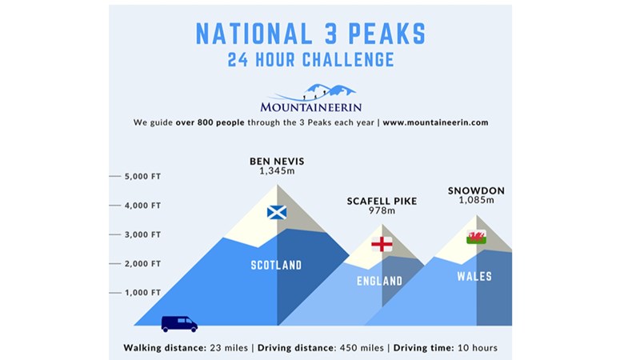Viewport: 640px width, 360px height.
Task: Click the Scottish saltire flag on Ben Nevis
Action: click(277, 212)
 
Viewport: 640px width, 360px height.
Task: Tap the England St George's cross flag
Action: click(382, 244)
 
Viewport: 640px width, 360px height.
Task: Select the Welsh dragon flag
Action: click(476, 237)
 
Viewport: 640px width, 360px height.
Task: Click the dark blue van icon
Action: click(179, 324)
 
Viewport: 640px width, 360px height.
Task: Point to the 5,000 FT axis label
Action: click(143, 176)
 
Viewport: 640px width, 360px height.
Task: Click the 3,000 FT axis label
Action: click(143, 234)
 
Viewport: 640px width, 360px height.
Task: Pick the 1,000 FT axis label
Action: click(143, 293)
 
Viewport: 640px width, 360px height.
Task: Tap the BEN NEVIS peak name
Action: click(277, 162)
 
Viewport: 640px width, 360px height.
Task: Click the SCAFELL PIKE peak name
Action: click(382, 201)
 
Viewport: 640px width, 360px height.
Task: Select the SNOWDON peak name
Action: click(476, 190)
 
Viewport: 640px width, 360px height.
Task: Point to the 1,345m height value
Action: click(277, 171)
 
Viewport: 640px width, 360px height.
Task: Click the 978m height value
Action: click(382, 210)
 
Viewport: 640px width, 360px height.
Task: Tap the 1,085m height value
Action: click(476, 200)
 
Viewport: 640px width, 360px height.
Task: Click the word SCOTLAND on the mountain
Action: click(276, 266)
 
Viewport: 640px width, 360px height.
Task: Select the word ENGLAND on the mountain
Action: click(379, 282)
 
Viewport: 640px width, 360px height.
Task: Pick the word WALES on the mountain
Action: click(474, 277)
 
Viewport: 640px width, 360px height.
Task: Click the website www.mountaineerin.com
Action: click(435, 122)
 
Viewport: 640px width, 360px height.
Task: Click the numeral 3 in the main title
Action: click(331, 34)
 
